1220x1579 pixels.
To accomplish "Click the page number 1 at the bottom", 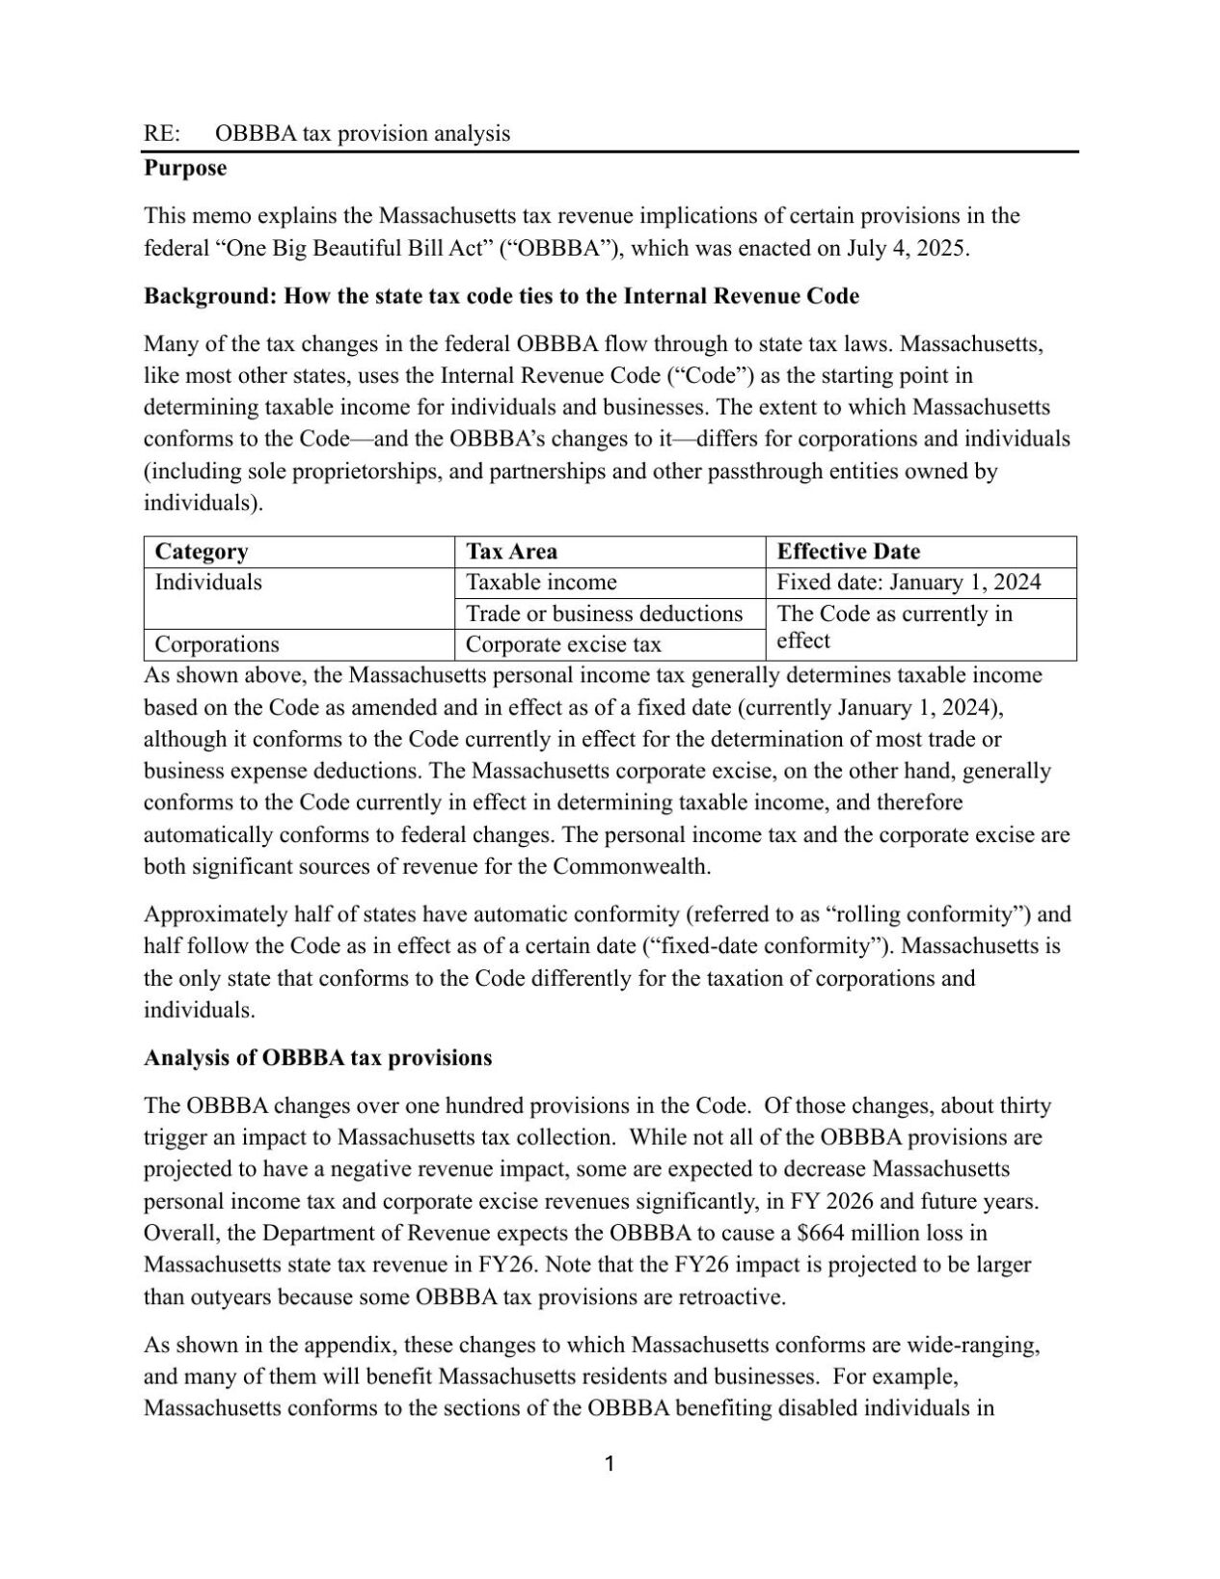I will click(x=609, y=1464).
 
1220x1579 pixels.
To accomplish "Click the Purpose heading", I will click(x=185, y=168).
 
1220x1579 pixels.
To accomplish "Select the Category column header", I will click(x=202, y=552).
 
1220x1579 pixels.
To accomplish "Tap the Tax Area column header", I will click(x=511, y=552).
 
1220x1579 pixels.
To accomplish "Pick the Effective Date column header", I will click(x=848, y=552).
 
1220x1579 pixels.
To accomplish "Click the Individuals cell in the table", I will click(x=208, y=583).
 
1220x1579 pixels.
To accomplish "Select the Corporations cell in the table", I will click(x=217, y=644).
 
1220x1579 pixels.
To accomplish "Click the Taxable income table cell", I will click(x=541, y=583).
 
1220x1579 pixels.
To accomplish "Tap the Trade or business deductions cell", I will click(x=604, y=613).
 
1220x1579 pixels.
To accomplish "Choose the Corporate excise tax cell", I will click(x=563, y=644).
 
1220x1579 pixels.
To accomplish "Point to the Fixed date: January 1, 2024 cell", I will click(x=908, y=583).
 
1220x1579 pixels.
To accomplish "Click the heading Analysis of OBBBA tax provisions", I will click(x=317, y=1057).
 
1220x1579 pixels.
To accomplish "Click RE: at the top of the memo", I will click(x=162, y=133).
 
